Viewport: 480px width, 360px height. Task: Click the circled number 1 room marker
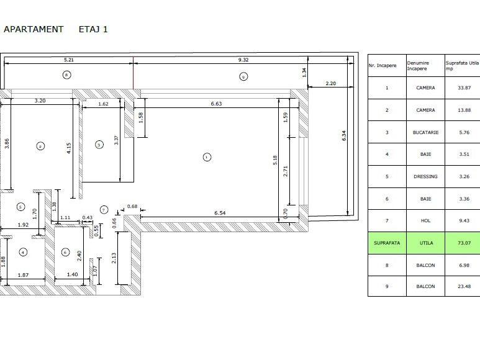point(207,157)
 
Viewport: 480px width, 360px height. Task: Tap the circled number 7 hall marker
point(104,210)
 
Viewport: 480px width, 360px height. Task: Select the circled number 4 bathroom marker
point(23,253)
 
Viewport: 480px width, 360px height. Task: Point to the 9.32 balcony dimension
point(243,60)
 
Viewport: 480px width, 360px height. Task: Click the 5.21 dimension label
point(69,60)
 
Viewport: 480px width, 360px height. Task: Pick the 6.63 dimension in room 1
point(216,104)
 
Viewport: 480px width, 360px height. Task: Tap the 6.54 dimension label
point(220,213)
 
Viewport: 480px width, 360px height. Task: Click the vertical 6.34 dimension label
point(344,135)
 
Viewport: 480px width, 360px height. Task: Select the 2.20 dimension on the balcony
point(330,84)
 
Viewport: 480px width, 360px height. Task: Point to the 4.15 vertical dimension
point(68,148)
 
